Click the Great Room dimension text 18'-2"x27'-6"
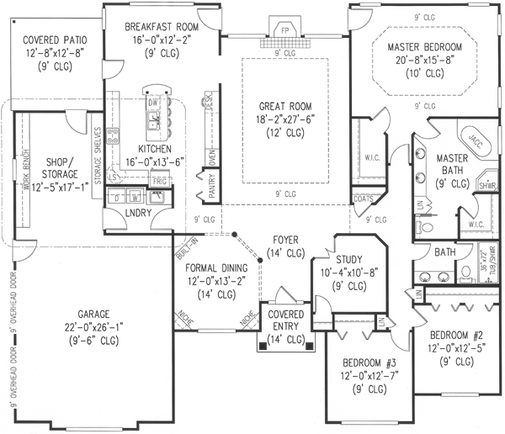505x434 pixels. click(x=284, y=121)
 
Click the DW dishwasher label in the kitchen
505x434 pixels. click(x=153, y=103)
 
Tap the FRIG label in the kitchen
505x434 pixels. click(x=158, y=181)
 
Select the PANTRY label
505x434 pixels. click(x=199, y=184)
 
